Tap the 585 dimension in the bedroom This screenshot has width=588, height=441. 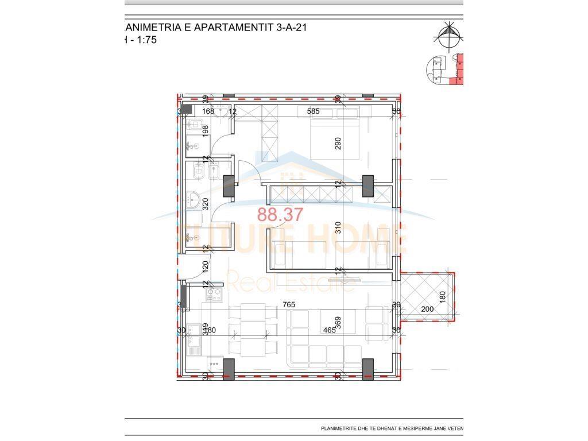[313, 111]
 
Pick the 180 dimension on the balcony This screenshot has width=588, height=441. [442, 297]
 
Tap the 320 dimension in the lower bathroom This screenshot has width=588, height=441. [204, 203]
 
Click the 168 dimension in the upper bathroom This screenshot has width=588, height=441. [207, 111]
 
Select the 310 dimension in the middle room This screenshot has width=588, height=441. [338, 227]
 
